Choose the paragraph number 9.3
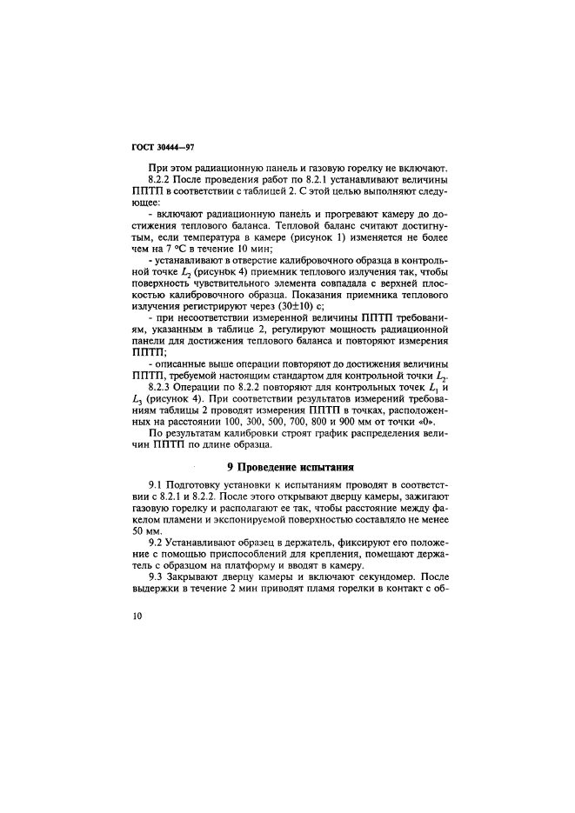[x=157, y=576]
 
